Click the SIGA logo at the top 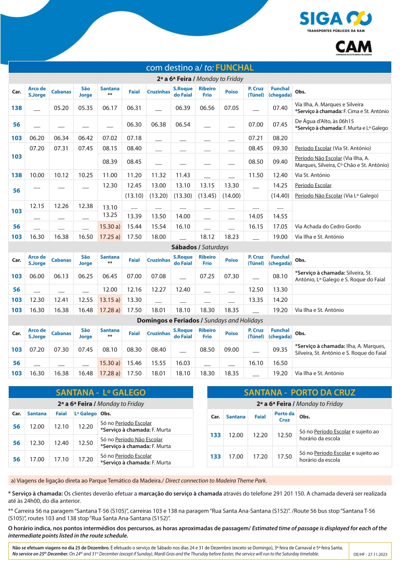(x=335, y=19)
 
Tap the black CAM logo (x=353, y=47)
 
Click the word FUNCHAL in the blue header (x=234, y=68)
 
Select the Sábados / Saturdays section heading (x=200, y=247)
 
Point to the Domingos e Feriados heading (x=200, y=321)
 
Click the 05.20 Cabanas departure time (x=61, y=108)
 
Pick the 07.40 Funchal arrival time (x=280, y=108)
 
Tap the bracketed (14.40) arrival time (x=280, y=196)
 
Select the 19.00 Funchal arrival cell (x=280, y=237)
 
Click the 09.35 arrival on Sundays (x=280, y=350)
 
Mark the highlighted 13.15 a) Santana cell (x=110, y=300)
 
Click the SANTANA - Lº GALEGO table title (x=101, y=393)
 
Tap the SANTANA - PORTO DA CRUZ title (x=299, y=393)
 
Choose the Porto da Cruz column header (x=284, y=417)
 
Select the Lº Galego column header (x=86, y=414)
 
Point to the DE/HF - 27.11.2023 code (x=370, y=554)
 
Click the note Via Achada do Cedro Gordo (x=328, y=227)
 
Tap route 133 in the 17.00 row (x=216, y=457)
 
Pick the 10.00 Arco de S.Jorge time (x=37, y=175)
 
